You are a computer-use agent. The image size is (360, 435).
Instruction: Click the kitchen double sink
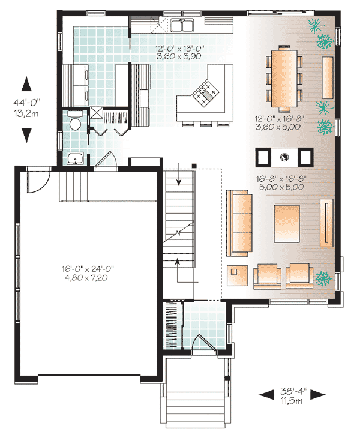point(182,25)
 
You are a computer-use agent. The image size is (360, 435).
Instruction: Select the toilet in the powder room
point(75,121)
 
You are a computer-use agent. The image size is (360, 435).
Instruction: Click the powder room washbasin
point(75,158)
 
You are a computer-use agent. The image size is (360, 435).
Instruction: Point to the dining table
point(284,77)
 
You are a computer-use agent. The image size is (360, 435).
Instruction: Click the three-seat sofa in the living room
point(239,223)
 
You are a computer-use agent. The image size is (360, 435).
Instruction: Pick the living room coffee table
point(287,223)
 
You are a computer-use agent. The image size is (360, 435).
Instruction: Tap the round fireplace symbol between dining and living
point(284,157)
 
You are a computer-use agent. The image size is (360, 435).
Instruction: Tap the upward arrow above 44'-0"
point(26,84)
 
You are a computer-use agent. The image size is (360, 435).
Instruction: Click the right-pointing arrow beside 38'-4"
point(318,394)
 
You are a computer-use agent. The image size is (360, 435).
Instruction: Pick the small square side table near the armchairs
point(238,275)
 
